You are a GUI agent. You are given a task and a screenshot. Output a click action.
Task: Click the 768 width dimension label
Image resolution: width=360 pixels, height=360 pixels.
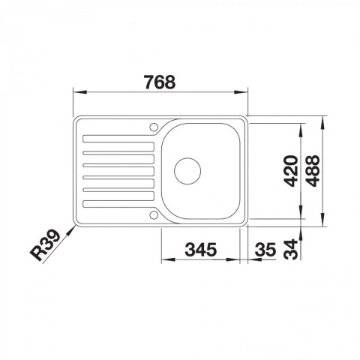click(x=160, y=82)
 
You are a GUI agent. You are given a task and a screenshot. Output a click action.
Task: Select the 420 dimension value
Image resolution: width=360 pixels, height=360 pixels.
click(x=292, y=171)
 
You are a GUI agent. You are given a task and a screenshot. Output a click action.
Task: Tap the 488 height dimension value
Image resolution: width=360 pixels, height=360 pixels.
click(x=313, y=171)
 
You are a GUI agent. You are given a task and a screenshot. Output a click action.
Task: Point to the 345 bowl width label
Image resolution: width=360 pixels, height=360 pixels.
click(x=201, y=250)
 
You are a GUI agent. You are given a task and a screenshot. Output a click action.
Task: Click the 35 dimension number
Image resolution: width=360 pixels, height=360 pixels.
click(x=265, y=250)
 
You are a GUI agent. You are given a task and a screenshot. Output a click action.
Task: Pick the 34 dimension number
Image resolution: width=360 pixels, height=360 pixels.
click(x=291, y=249)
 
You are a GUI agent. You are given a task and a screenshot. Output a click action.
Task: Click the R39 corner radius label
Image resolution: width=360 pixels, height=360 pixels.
click(x=46, y=245)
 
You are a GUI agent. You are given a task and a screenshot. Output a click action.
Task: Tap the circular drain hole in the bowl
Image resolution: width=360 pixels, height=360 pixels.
click(x=187, y=171)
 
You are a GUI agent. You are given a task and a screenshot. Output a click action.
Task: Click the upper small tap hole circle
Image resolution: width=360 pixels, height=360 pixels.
click(x=154, y=127)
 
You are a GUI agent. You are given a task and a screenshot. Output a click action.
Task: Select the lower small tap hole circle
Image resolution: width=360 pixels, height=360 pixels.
click(x=154, y=215)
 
